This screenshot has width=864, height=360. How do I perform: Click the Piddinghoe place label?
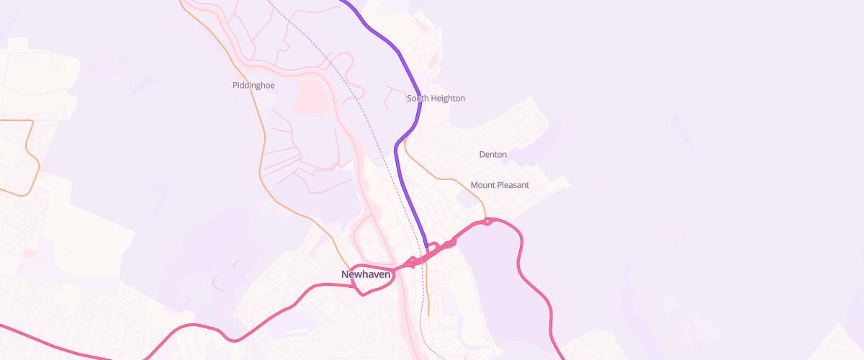253,85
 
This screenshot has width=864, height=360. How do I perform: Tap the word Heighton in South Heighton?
447,98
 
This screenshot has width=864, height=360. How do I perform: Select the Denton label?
493,155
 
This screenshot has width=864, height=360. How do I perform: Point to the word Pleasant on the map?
512,185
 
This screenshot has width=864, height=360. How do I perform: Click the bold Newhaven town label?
366,274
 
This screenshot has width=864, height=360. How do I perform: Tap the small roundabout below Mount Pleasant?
488,221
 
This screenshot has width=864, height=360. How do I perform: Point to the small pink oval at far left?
30,253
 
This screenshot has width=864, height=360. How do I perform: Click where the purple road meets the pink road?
428,250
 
